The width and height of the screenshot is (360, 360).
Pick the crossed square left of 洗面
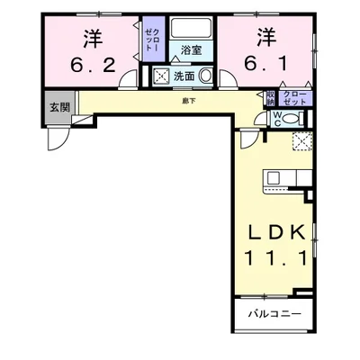pos(162,77)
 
